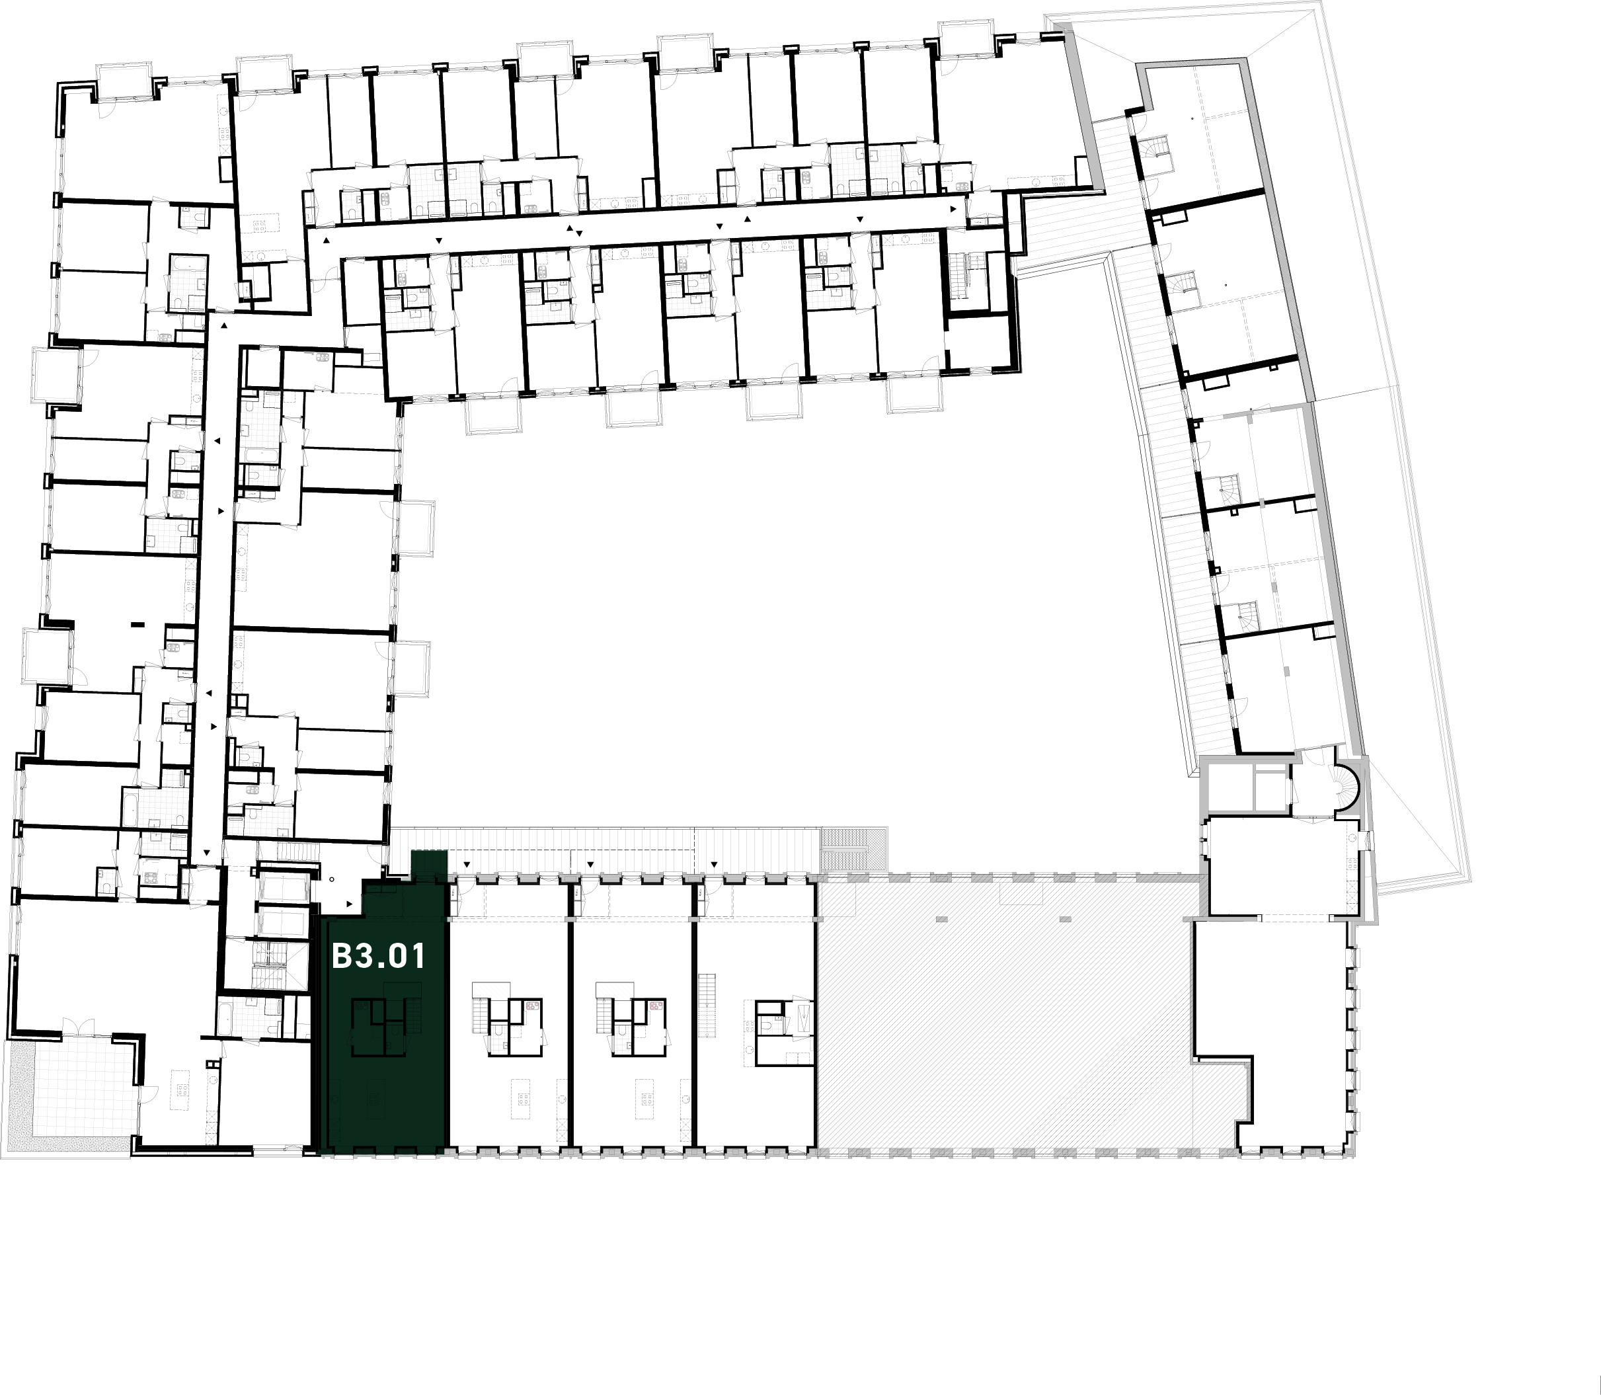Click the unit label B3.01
(x=378, y=957)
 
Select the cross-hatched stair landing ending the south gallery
(x=854, y=848)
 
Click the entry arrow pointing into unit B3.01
(x=350, y=904)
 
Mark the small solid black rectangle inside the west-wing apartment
(x=139, y=624)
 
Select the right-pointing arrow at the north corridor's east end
(x=953, y=210)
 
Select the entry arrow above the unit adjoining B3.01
(x=466, y=865)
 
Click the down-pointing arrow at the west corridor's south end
(x=206, y=854)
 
